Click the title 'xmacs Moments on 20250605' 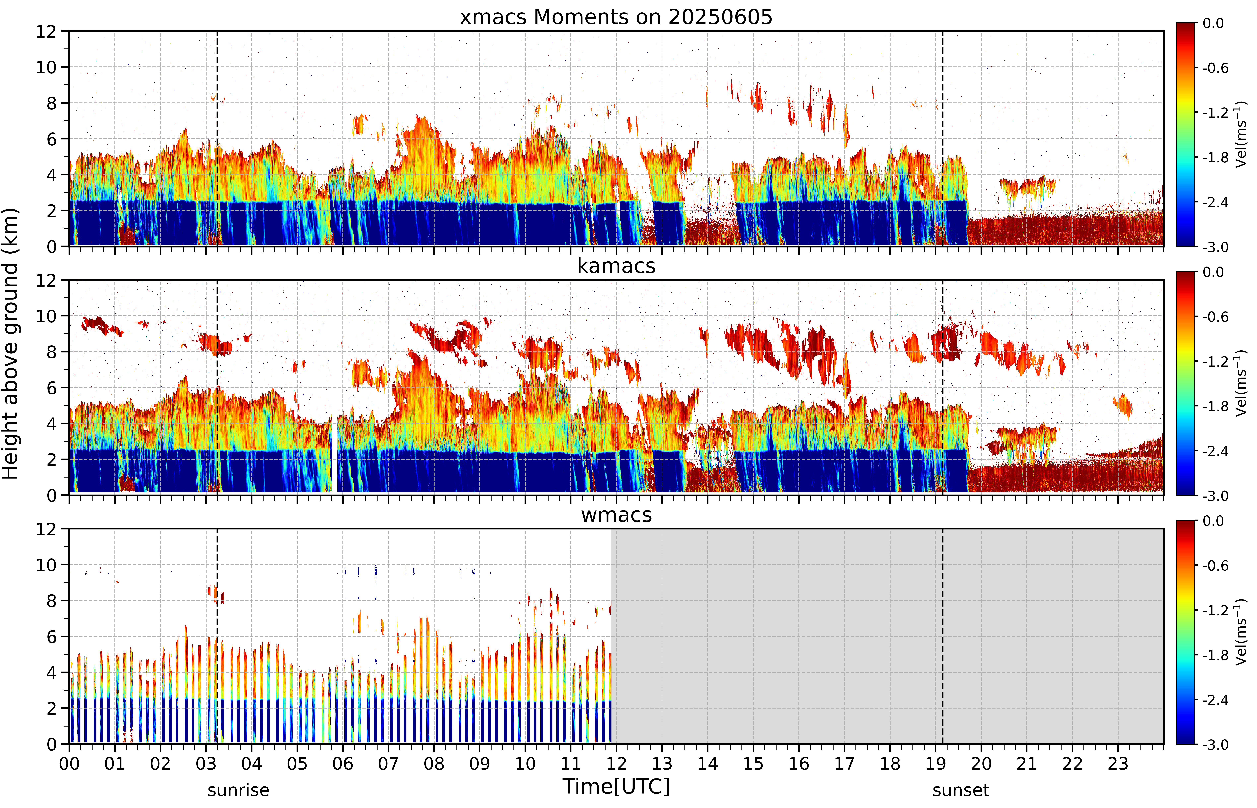616,17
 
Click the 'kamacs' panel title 616,266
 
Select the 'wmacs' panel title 616,515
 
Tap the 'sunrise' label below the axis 239,790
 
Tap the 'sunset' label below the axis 961,790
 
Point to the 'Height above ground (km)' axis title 10,344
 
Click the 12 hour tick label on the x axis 616,763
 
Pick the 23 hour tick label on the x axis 1118,763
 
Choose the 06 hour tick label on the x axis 343,763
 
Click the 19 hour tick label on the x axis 936,763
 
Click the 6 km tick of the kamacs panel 51,388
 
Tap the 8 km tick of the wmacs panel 51,601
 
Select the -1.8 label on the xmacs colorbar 1216,157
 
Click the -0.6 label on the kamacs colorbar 1216,317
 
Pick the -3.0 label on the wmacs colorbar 1216,744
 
